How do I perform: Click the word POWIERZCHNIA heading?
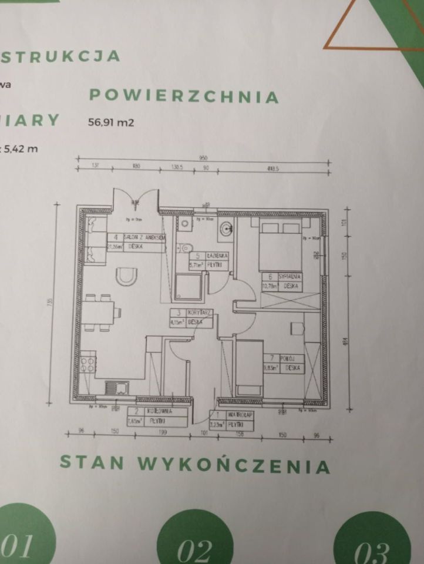183,96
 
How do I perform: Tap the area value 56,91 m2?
110,123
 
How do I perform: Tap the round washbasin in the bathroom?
226,227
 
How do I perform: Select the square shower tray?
189,287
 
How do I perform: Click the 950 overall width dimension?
204,159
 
